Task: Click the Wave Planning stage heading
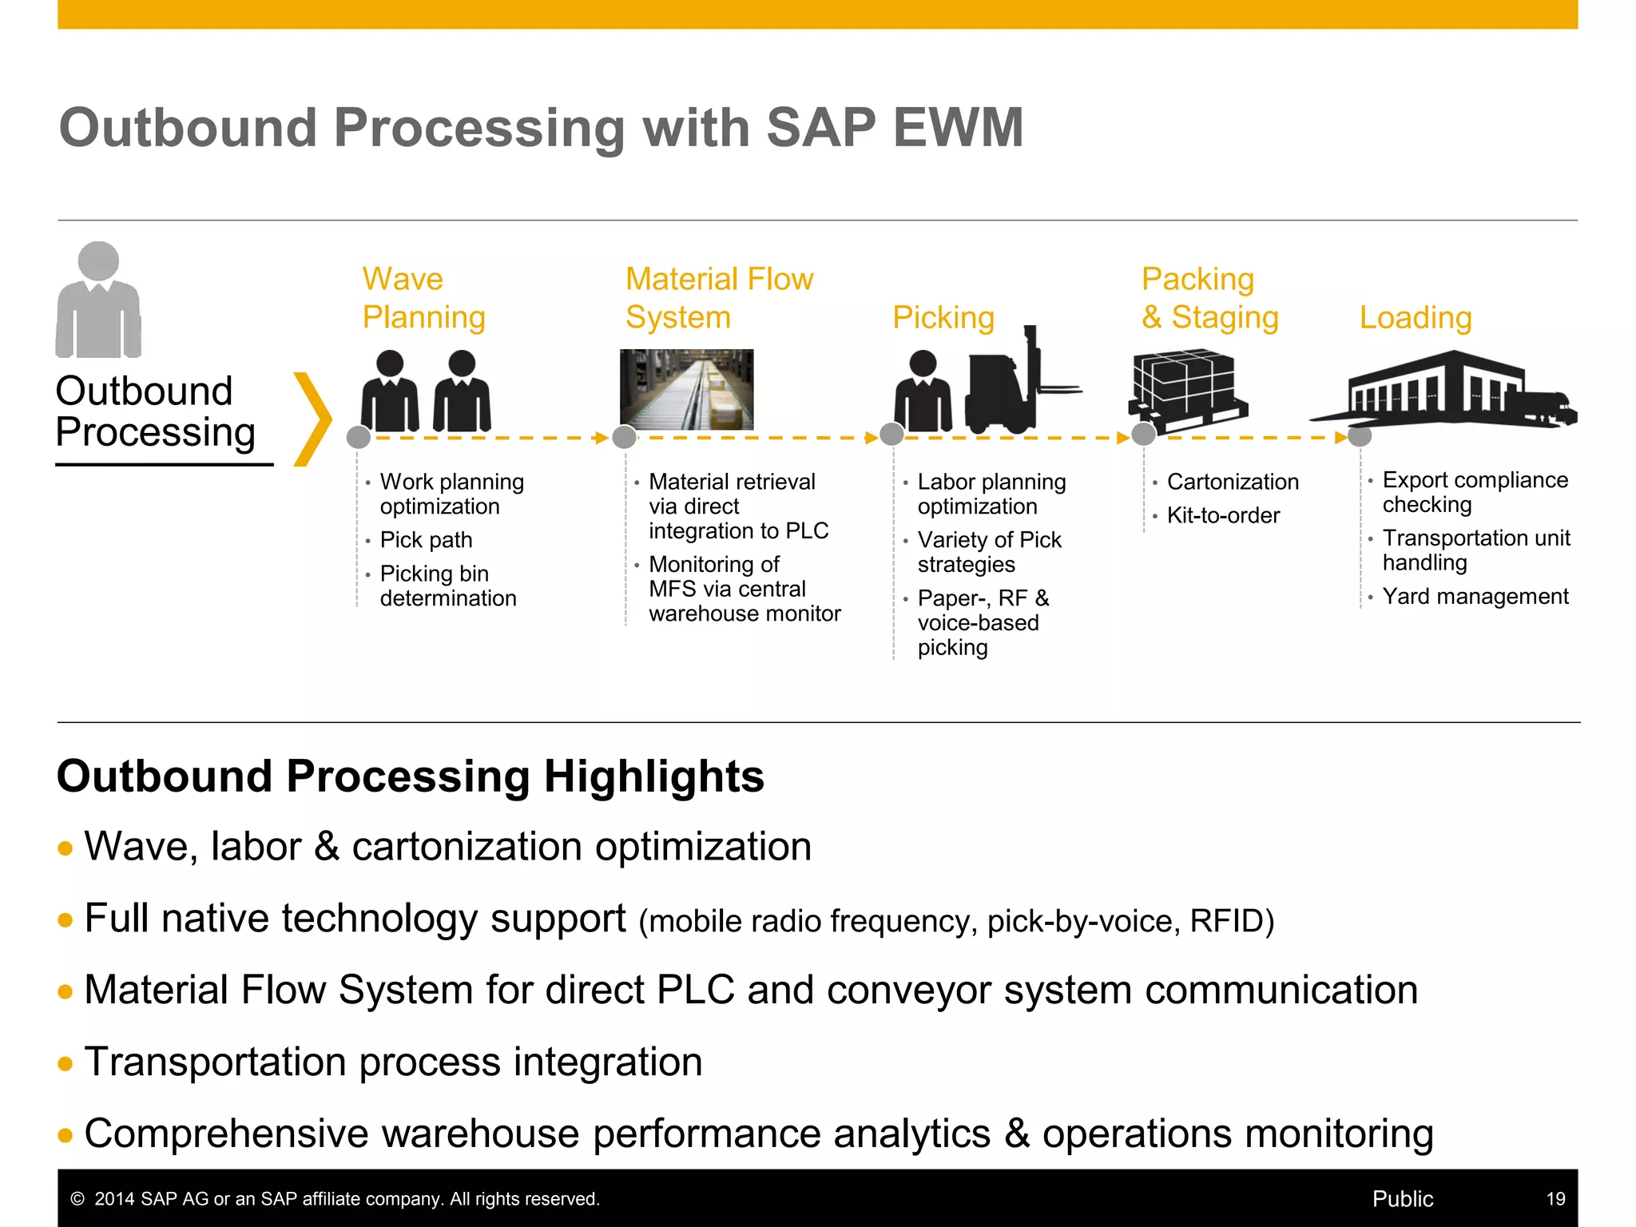(423, 298)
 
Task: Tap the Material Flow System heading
(719, 298)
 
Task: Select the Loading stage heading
(1416, 317)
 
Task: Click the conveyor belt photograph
(687, 389)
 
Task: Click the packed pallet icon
(1187, 386)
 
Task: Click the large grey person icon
(98, 300)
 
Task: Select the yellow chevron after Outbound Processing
(312, 419)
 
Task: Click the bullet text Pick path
(426, 540)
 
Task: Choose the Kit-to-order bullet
(1222, 515)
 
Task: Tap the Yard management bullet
(1475, 596)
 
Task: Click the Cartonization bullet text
(1232, 482)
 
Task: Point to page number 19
(1555, 1198)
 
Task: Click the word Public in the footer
(1402, 1198)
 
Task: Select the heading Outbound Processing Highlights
(410, 776)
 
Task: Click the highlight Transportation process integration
(393, 1062)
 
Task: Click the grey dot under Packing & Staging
(1144, 435)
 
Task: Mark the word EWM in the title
(958, 128)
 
